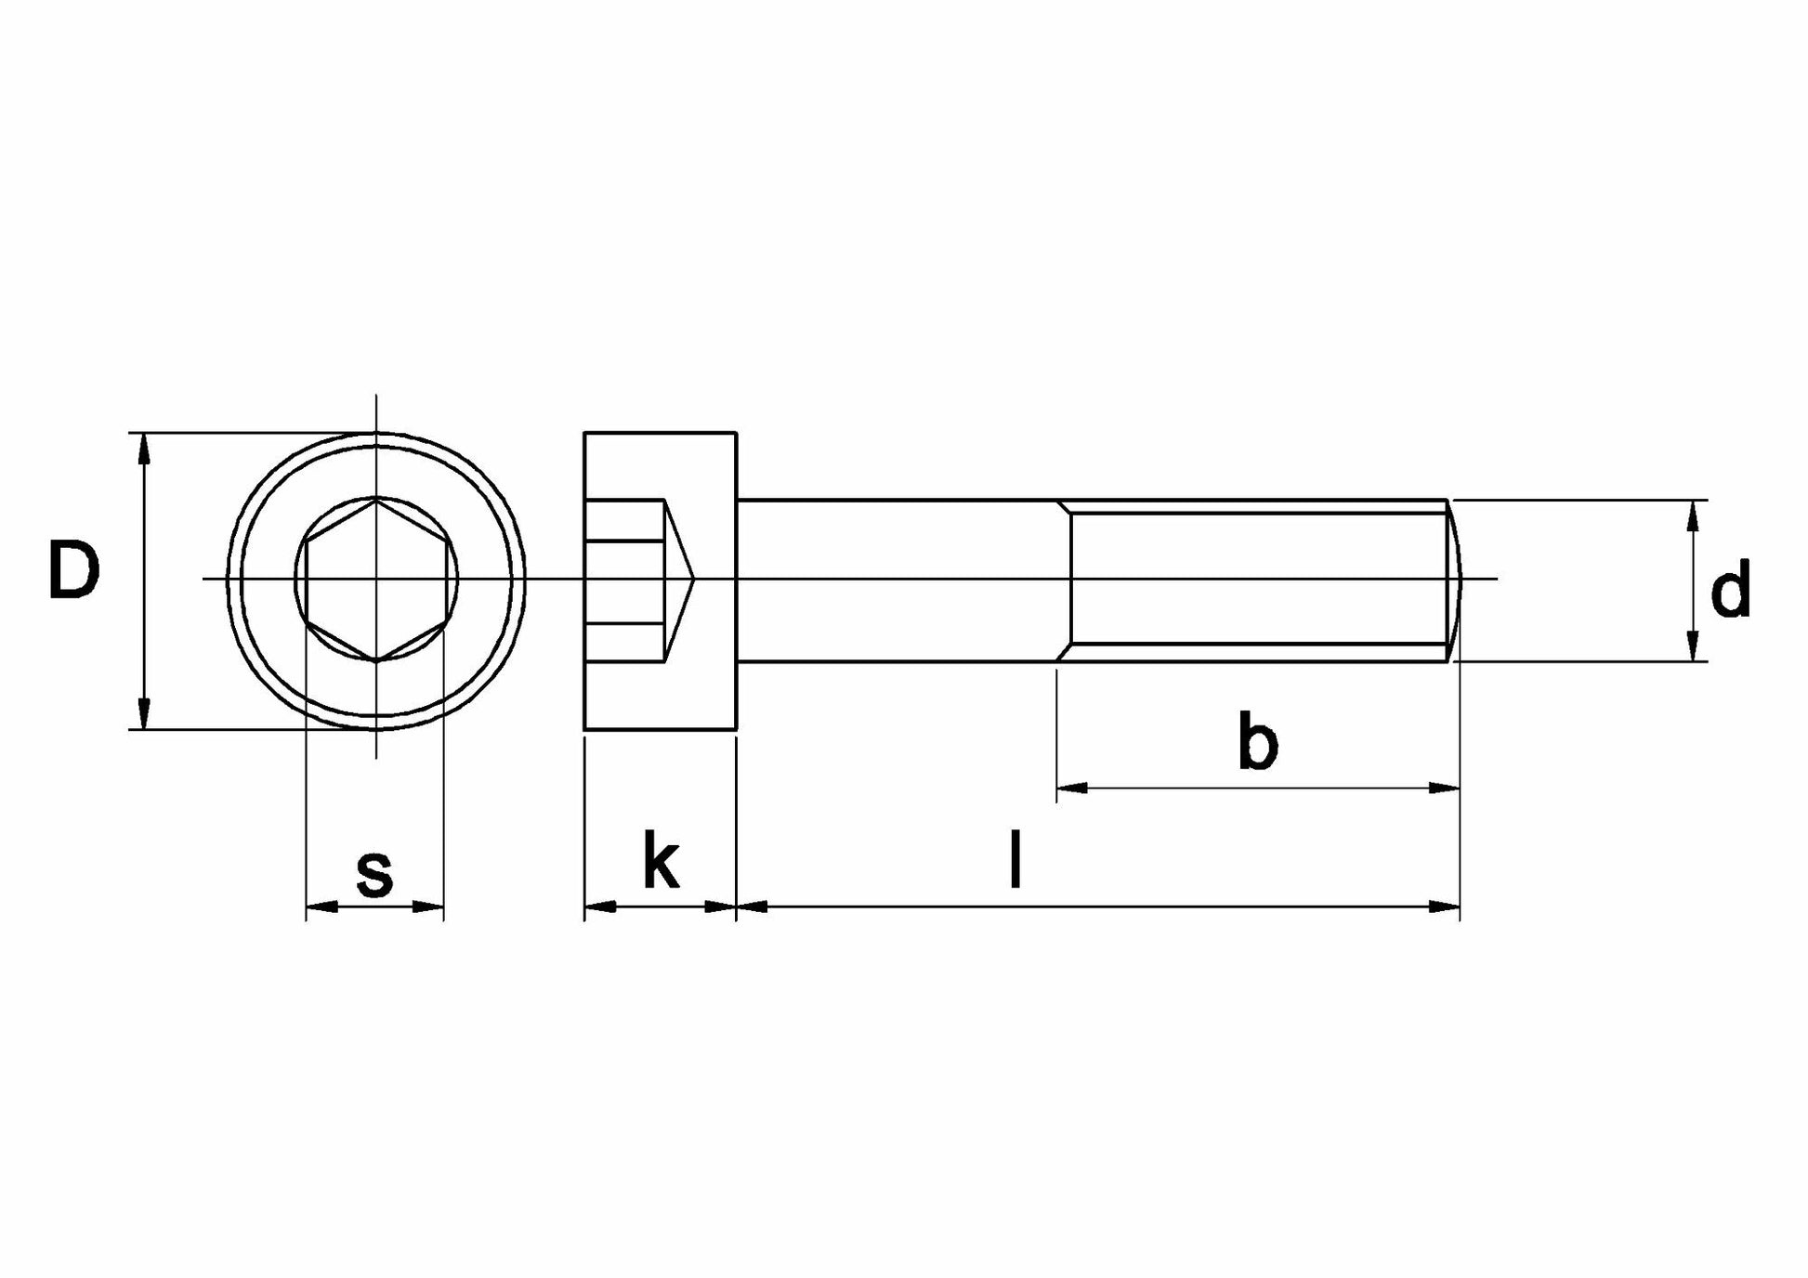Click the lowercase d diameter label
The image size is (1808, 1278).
coord(1730,589)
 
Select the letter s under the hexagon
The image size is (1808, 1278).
coord(374,873)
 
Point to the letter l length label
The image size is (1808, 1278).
coord(1016,860)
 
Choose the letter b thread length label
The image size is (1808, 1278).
coord(1258,741)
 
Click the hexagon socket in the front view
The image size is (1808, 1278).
coord(376,580)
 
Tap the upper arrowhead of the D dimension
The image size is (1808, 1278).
coord(142,448)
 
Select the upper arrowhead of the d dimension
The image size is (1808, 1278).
coord(1693,515)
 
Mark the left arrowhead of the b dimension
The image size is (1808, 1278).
coord(1072,789)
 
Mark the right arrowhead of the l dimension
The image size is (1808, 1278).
coord(1444,906)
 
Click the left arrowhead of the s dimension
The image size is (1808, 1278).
coord(321,906)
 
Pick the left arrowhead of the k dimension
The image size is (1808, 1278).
coord(599,906)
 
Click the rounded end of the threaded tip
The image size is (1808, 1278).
coord(1455,580)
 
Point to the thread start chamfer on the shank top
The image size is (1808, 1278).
coord(1064,506)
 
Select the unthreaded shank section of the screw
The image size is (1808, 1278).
coord(897,580)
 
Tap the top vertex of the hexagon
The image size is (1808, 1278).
coord(376,501)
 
